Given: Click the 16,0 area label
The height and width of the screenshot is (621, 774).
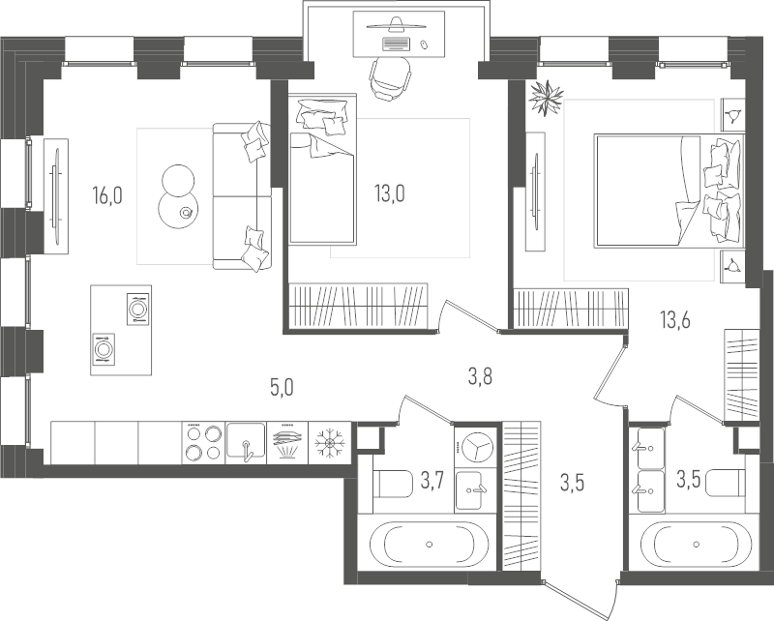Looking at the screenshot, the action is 107,195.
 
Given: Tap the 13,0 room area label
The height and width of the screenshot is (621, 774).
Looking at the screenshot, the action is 390,193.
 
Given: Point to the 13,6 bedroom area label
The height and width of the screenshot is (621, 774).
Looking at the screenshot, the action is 675,320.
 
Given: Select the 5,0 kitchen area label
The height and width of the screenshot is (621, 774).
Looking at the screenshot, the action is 282,388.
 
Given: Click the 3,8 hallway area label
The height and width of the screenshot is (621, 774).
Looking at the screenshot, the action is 480,377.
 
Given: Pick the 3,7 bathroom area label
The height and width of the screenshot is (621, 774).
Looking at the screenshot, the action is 432,480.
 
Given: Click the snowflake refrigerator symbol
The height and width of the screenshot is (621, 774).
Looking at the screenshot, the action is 329,442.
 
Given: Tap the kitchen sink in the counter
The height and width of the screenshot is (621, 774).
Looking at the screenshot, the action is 246,442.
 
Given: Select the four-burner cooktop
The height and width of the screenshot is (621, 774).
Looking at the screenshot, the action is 203,442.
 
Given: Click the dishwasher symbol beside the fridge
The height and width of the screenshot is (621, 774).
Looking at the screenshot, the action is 287,442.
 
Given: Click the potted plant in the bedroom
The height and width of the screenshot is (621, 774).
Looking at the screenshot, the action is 546,98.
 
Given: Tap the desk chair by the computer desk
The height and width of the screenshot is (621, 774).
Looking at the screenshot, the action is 390,78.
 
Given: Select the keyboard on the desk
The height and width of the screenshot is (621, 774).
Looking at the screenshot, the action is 397,44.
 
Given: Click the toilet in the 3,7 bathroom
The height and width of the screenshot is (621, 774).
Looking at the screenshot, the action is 393,484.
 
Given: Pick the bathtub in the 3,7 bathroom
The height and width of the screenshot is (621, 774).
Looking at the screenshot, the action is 422,544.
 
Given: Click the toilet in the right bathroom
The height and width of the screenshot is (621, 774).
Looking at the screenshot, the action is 725,483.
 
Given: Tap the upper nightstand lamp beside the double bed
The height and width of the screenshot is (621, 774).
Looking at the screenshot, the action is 732,115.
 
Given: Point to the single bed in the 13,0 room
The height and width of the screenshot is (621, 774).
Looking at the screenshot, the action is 322,168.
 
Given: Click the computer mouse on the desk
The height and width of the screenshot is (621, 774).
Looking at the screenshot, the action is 423,44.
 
